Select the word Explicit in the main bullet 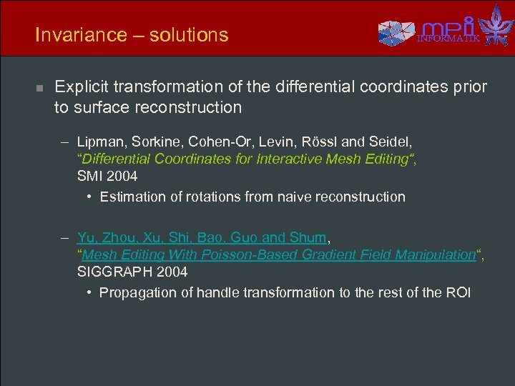83,87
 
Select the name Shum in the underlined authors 309,238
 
